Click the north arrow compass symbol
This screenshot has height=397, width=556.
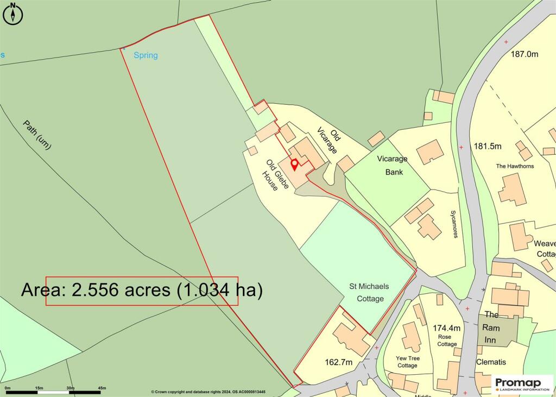(13, 13)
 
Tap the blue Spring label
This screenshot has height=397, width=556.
(146, 55)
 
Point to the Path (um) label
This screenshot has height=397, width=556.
(37, 135)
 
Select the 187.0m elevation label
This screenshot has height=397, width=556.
(524, 54)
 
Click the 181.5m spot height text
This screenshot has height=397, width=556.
(487, 147)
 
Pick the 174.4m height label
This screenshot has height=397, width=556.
(446, 328)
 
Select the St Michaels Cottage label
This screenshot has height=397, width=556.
(370, 292)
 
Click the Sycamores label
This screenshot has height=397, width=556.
(456, 224)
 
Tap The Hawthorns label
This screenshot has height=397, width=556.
(515, 166)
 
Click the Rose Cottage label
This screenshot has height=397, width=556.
(447, 340)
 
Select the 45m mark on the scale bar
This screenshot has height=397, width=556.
(102, 388)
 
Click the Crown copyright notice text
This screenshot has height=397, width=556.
(208, 392)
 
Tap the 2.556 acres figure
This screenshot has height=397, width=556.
(118, 290)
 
